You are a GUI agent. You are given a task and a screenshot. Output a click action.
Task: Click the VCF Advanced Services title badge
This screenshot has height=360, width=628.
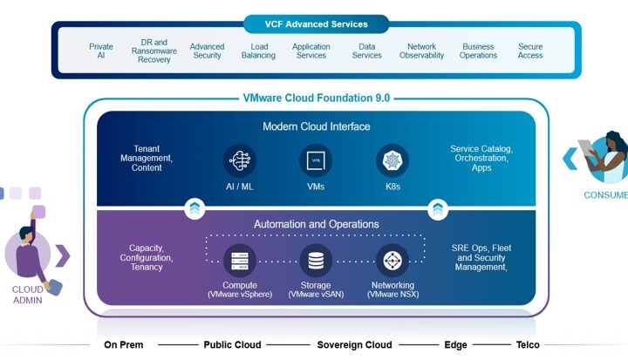pyautogui.click(x=316, y=24)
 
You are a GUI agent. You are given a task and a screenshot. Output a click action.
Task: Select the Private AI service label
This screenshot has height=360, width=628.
pyautogui.click(x=101, y=51)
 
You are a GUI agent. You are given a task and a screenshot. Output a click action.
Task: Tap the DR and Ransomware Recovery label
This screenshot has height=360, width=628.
pyautogui.click(x=154, y=51)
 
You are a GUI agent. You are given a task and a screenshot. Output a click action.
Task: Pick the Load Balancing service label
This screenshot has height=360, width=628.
pyautogui.click(x=258, y=51)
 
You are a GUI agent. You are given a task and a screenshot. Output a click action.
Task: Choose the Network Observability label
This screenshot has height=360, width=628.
pyautogui.click(x=422, y=51)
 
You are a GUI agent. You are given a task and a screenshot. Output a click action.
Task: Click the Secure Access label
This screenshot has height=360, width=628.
pyautogui.click(x=530, y=51)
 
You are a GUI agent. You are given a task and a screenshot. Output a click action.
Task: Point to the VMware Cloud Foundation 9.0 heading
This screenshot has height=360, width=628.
pyautogui.click(x=317, y=98)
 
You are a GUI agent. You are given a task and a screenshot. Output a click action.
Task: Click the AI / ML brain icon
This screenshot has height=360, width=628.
pyautogui.click(x=240, y=160)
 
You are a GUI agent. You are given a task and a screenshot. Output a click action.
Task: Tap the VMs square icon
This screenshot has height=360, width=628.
pyautogui.click(x=316, y=160)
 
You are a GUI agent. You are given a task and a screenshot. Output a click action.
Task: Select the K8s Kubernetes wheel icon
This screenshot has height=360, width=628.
pyautogui.click(x=392, y=160)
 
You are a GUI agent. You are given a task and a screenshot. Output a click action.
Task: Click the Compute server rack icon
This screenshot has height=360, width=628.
pyautogui.click(x=240, y=261)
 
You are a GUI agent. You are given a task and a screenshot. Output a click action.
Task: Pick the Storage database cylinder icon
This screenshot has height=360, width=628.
pyautogui.click(x=316, y=261)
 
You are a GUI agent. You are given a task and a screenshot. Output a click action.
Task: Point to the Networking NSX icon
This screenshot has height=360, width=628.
pyautogui.click(x=392, y=261)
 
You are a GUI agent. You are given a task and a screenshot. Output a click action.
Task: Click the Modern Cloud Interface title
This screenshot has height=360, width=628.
pyautogui.click(x=317, y=126)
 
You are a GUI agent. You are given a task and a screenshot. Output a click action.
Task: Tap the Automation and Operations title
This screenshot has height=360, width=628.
pyautogui.click(x=317, y=224)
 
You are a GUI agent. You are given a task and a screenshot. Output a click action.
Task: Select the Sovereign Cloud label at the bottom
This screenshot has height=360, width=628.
pyautogui.click(x=354, y=345)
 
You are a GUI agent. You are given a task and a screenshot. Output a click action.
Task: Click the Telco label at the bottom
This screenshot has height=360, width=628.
pyautogui.click(x=528, y=345)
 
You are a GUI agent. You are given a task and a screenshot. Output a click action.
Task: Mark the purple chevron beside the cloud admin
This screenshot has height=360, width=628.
pyautogui.click(x=64, y=255)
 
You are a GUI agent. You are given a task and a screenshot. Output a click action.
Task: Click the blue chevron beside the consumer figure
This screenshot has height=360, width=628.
pyautogui.click(x=570, y=159)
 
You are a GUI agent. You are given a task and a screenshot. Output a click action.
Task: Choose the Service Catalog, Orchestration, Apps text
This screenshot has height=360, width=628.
pyautogui.click(x=481, y=158)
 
